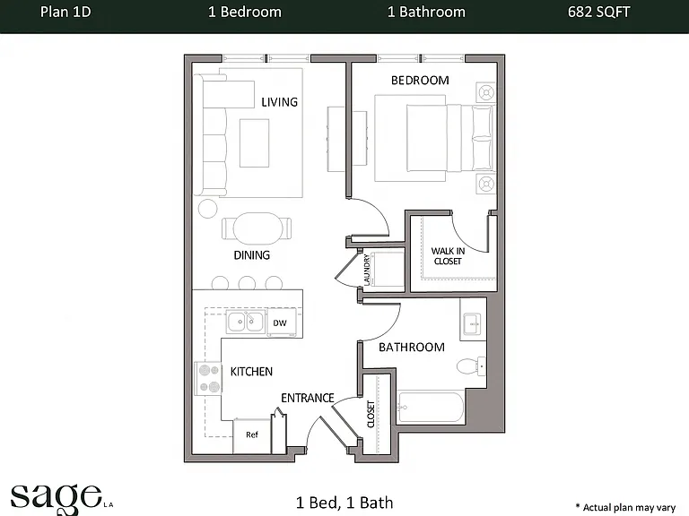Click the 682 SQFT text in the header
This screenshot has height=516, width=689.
click(598, 12)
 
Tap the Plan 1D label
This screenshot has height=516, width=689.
click(65, 12)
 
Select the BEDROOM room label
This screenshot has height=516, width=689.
click(420, 81)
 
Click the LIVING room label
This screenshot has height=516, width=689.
click(280, 102)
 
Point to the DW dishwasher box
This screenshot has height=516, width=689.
click(280, 322)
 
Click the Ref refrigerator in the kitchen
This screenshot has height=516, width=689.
click(252, 435)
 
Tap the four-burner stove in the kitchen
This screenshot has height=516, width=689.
click(209, 378)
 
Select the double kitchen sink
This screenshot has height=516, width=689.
click(246, 322)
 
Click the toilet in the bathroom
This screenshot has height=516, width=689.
click(471, 365)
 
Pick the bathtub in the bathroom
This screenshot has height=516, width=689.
click(431, 408)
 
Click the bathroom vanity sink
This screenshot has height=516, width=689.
click(473, 323)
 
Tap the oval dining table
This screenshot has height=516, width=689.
click(258, 228)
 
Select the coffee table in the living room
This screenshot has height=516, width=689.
click(255, 143)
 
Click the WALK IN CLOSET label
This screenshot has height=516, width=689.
click(448, 256)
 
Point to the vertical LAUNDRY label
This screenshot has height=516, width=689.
click(367, 269)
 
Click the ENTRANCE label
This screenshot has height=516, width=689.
click(308, 398)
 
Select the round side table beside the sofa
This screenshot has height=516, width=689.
click(208, 209)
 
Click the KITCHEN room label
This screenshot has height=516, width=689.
click(251, 372)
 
